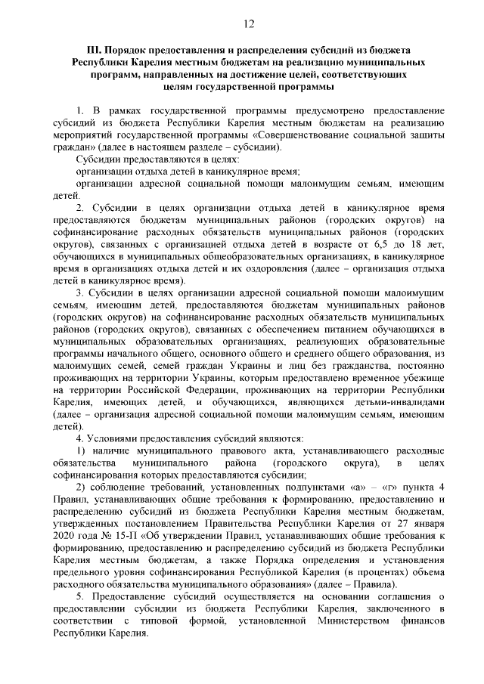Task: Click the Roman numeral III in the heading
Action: click(x=74, y=50)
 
